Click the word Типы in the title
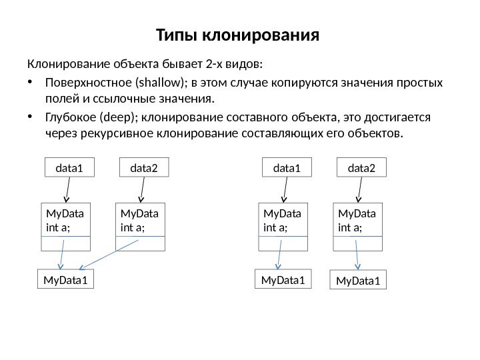click(175, 33)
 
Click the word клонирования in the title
click(261, 33)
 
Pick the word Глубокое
click(70, 117)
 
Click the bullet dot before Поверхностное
click(30, 83)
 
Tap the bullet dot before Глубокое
click(30, 118)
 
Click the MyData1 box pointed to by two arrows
click(65, 280)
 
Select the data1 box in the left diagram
click(70, 169)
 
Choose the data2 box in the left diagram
click(144, 169)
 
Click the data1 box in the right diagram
click(287, 169)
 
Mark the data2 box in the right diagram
click(362, 169)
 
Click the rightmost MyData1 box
click(359, 281)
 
